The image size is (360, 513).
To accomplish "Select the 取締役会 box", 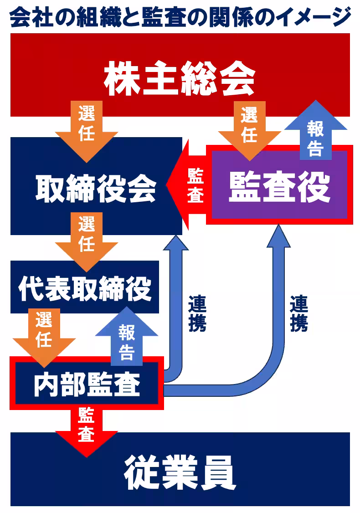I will click(x=96, y=187).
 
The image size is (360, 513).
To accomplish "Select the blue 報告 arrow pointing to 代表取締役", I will click(x=127, y=339).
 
